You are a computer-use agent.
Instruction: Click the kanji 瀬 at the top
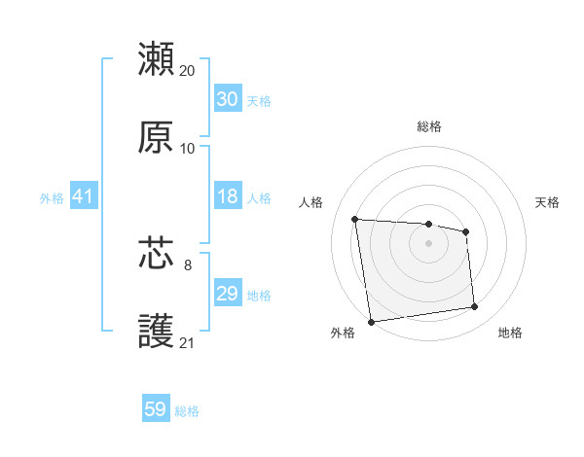point(157,59)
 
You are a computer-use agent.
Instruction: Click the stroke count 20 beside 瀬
point(188,71)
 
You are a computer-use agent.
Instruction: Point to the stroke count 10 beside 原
point(188,149)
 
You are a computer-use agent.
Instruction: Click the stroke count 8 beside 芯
point(188,264)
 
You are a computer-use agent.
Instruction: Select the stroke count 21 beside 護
point(188,342)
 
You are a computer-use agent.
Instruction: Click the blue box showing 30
point(227,99)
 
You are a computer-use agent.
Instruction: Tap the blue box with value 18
point(227,196)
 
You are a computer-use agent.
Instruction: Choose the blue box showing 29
point(227,294)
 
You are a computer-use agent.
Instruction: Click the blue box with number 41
point(83,196)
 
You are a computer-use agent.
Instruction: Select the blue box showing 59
point(155,409)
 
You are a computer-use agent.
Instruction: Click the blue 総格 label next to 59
point(187,411)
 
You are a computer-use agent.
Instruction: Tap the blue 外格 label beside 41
point(52,198)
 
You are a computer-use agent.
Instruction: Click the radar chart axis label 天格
point(547,202)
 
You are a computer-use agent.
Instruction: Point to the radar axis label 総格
point(429,126)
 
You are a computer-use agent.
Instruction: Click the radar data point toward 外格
point(371,321)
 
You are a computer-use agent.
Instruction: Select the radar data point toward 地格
point(475,307)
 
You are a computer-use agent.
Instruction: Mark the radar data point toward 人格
point(355,219)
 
